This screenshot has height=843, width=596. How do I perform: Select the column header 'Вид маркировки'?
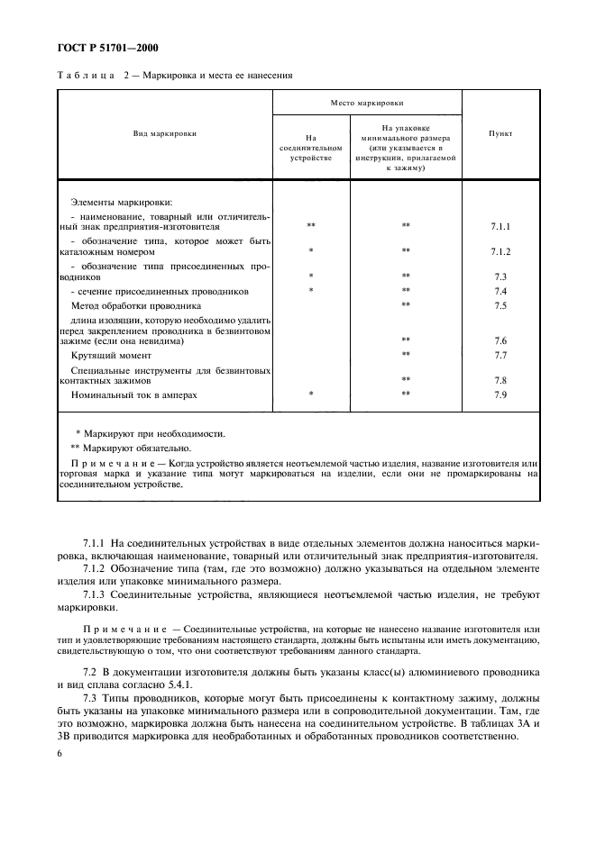pos(164,133)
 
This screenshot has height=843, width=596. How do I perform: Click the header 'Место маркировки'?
pos(367,104)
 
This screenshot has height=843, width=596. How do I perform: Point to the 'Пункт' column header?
pos(500,133)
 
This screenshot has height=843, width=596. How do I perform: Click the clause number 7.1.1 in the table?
pos(501,226)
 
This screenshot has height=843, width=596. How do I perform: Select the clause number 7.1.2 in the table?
pos(501,251)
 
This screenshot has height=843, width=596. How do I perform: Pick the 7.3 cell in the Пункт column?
pos(501,276)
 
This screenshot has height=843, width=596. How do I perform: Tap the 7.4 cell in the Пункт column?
pos(501,291)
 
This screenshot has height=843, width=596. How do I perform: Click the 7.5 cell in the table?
pos(501,305)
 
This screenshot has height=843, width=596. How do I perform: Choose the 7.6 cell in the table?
pos(501,341)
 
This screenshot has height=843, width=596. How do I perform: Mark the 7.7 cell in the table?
pos(501,355)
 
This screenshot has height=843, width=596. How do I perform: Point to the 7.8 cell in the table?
pos(501,380)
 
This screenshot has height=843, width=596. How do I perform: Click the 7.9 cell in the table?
pos(501,394)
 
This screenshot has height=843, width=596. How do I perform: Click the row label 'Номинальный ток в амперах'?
pos(133,394)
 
